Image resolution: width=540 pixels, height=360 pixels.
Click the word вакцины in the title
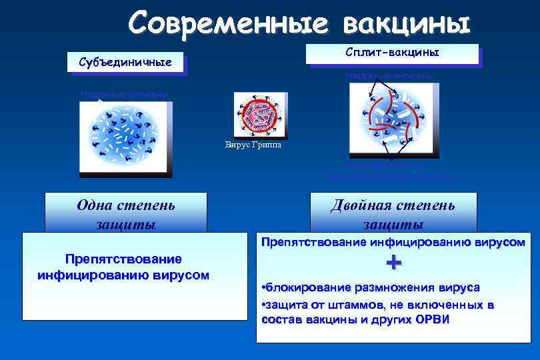(x=406, y=23)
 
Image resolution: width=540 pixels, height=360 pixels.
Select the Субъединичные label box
(x=125, y=63)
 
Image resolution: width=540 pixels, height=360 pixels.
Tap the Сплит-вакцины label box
(x=392, y=53)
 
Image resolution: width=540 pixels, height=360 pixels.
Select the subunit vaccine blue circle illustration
(x=125, y=137)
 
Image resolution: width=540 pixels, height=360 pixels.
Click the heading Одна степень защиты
(x=126, y=213)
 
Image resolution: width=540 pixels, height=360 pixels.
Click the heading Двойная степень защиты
(x=393, y=213)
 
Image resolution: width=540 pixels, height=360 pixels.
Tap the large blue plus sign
(x=394, y=263)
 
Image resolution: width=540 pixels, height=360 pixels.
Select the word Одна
(x=96, y=205)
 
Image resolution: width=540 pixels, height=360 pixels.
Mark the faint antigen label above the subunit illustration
(x=123, y=94)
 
